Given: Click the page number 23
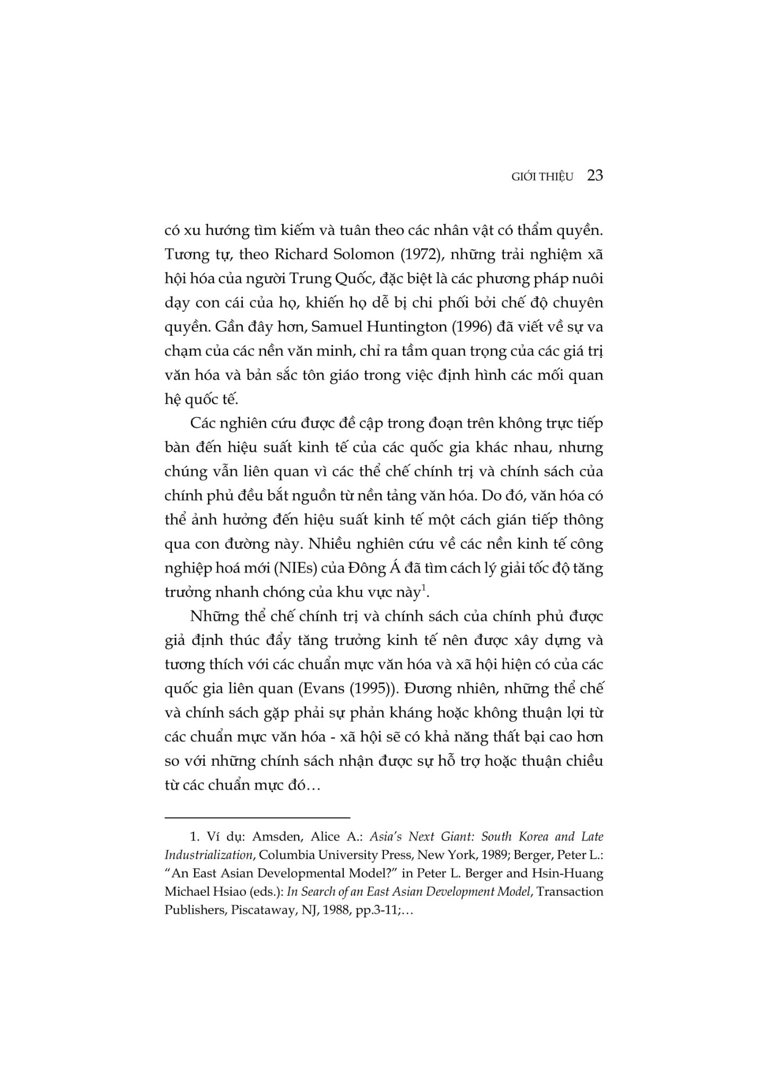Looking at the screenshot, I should (x=595, y=176).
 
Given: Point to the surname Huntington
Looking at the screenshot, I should (x=405, y=327).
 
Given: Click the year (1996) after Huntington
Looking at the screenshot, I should (x=473, y=327).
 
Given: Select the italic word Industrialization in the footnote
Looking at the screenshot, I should (x=207, y=855).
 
